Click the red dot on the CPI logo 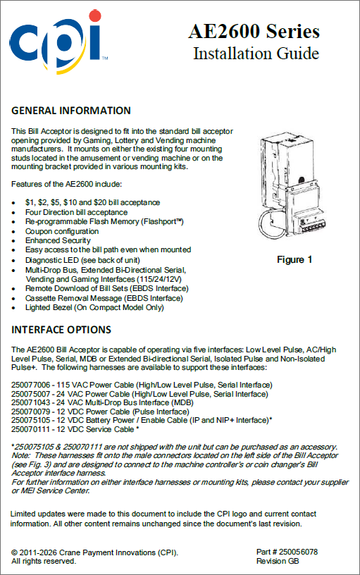[x=94, y=16]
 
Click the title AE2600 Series [x=254, y=31]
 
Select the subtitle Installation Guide [x=256, y=54]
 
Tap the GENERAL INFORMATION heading [x=71, y=111]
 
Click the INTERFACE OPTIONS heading [x=61, y=330]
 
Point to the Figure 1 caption [x=294, y=259]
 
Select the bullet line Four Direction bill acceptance [x=76, y=212]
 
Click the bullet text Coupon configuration [x=62, y=231]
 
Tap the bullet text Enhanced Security [x=58, y=240]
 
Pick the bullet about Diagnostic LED [x=82, y=260]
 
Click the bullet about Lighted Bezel [x=94, y=307]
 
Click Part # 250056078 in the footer [x=287, y=552]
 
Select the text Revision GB [x=278, y=561]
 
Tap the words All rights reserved [x=44, y=561]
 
